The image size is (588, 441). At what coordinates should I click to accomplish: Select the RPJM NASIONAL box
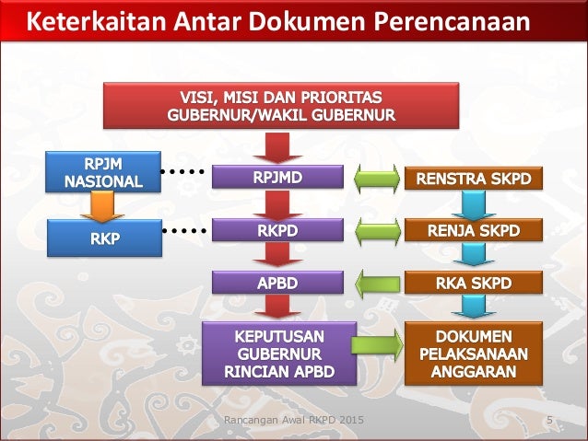[x=102, y=172]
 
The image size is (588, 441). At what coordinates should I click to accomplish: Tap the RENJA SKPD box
[x=475, y=231]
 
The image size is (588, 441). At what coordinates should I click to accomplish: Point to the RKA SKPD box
[x=475, y=284]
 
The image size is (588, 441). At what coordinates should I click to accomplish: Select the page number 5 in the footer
[x=550, y=422]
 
